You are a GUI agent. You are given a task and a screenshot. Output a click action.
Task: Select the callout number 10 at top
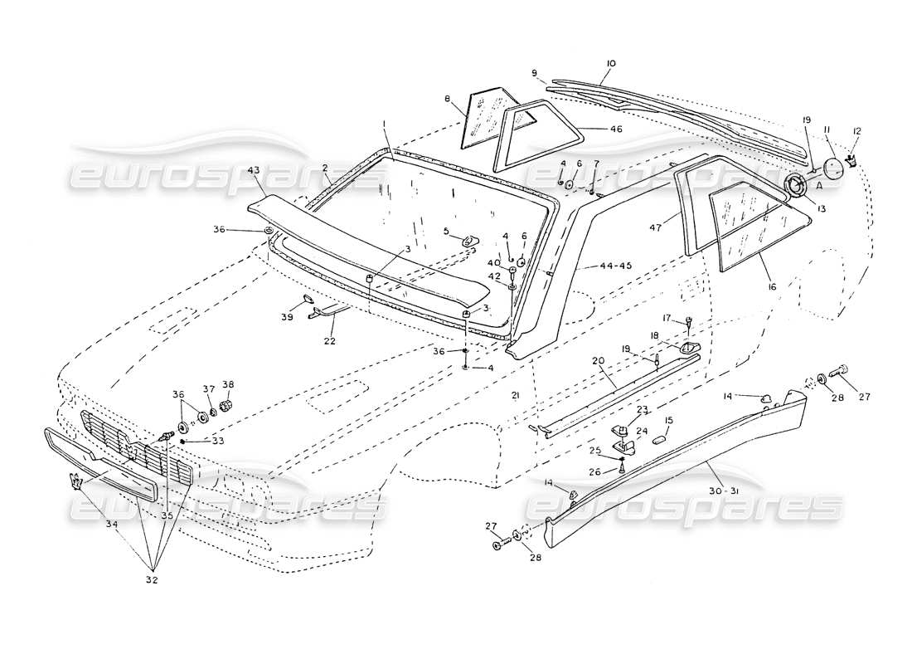tap(611, 64)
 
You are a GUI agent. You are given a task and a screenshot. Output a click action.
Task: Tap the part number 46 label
tap(615, 129)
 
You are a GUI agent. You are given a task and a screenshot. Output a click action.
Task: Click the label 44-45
tap(614, 266)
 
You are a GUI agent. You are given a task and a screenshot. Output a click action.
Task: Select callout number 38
tap(228, 384)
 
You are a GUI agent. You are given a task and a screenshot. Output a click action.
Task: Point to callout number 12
tap(857, 131)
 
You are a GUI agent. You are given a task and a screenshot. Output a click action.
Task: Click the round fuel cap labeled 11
tap(832, 168)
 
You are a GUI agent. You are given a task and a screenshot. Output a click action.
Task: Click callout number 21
tap(515, 397)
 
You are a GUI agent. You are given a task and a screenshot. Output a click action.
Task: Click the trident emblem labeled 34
tap(76, 482)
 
